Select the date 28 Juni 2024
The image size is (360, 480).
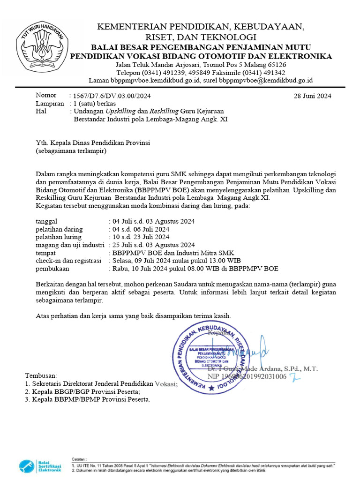[x=312, y=96]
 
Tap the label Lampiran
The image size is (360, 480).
[x=50, y=103]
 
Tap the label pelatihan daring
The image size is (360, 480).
[x=60, y=229]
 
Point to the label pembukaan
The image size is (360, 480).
[x=52, y=269]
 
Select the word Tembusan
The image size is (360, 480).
[x=41, y=376]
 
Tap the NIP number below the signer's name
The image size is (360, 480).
[x=247, y=377]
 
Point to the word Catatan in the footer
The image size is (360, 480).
[x=79, y=458]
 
